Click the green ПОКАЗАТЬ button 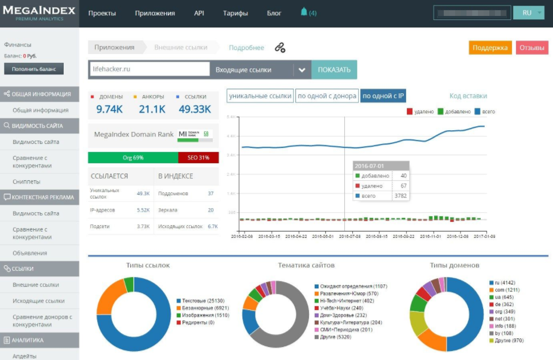click(334, 70)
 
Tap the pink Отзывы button click(532, 48)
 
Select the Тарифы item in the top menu click(235, 13)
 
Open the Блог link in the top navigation click(274, 13)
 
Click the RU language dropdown click(529, 13)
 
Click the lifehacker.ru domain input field click(149, 69)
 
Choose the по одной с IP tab click(383, 96)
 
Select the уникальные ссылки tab click(261, 96)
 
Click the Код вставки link click(468, 96)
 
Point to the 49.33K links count click(195, 109)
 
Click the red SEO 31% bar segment click(198, 158)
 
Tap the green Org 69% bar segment click(133, 158)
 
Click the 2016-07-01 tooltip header click(380, 165)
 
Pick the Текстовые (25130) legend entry click(198, 301)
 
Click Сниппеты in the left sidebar click(26, 181)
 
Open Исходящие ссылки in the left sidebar click(39, 301)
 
